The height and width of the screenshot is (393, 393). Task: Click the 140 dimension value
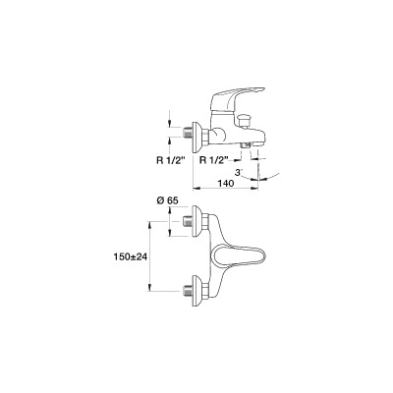(x=225, y=183)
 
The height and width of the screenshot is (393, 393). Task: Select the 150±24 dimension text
(x=131, y=256)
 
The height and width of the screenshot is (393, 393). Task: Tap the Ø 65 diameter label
(x=167, y=200)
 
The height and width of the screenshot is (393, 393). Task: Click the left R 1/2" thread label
(x=170, y=161)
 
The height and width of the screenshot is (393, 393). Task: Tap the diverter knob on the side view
(x=244, y=121)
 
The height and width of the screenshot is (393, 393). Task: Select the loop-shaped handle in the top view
(x=238, y=257)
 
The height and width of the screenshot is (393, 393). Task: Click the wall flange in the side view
(x=196, y=138)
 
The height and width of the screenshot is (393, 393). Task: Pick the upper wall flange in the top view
(x=196, y=221)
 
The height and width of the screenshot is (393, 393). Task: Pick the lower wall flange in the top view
(x=196, y=291)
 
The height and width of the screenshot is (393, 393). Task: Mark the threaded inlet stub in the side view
(x=187, y=133)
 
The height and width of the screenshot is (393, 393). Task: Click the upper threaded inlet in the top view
(x=187, y=221)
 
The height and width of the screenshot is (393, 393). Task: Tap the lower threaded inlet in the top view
(x=187, y=291)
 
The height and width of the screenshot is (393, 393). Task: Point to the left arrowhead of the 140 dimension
(x=196, y=189)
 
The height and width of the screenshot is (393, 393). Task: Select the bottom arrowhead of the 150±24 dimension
(x=150, y=287)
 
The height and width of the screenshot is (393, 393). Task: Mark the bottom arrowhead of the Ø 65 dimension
(x=170, y=233)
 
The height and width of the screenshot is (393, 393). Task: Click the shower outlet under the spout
(x=245, y=145)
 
